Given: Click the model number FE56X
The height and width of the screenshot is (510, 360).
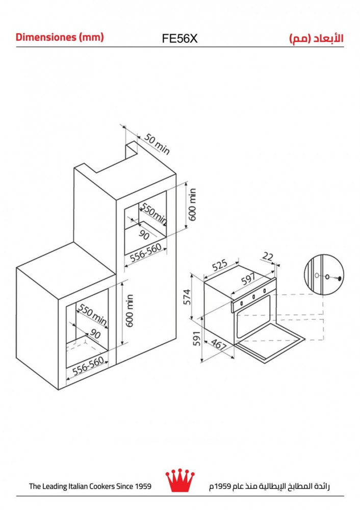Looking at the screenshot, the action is [x=179, y=39].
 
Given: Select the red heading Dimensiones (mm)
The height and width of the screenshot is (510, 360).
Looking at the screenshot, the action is [x=60, y=37].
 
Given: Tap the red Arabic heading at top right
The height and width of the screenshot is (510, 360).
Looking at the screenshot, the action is [x=316, y=38].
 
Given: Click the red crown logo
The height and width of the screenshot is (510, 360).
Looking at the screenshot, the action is [x=180, y=480].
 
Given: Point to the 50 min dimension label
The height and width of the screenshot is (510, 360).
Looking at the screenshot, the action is [x=157, y=144].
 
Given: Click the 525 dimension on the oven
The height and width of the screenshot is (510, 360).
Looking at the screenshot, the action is [x=220, y=265].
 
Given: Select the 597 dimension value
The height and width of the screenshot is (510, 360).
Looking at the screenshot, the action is [x=248, y=279].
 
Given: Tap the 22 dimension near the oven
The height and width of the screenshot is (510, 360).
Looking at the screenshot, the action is [x=268, y=257].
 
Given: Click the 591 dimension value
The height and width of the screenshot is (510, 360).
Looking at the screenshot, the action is [x=196, y=339].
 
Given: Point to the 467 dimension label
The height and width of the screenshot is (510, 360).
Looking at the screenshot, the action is [x=219, y=344].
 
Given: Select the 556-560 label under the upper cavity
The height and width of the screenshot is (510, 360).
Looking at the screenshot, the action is [x=146, y=253].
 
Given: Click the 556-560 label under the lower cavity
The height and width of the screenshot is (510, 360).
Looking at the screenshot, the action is [x=88, y=366].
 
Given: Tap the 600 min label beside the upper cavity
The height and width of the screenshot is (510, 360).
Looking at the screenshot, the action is [x=193, y=205].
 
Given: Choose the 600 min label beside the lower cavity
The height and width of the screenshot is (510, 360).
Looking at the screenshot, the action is [x=130, y=311].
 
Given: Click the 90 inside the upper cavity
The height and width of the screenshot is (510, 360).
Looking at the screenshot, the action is [x=144, y=235].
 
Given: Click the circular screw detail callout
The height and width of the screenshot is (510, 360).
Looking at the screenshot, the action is [x=324, y=275].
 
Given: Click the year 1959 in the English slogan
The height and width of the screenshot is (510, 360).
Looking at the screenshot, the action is [x=143, y=486].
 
